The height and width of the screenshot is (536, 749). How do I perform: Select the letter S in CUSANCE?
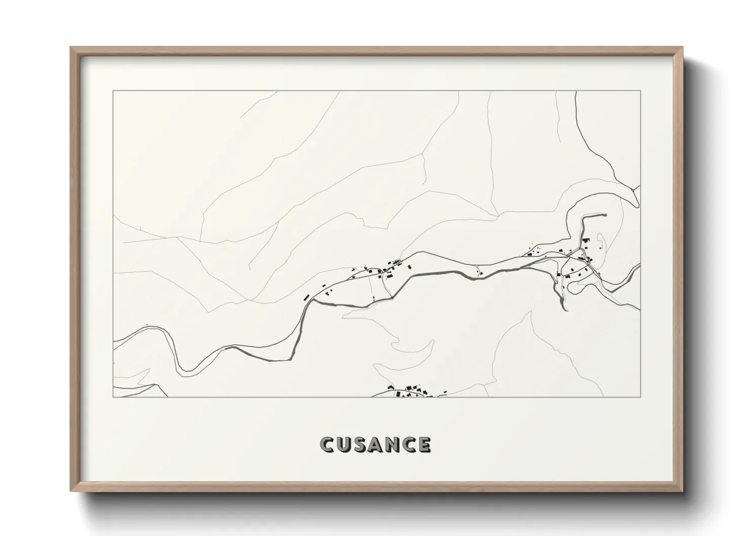click(359, 444)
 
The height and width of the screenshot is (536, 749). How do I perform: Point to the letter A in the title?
click(375, 444)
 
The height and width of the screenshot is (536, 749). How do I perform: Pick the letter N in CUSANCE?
click(391, 444)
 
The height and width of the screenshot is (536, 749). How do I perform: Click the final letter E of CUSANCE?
click(424, 444)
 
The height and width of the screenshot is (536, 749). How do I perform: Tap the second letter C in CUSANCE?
click(408, 444)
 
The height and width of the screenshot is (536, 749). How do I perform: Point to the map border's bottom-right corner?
click(641, 397)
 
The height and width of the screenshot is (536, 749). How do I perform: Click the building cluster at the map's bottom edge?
click(410, 392)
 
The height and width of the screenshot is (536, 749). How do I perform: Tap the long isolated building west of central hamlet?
click(306, 297)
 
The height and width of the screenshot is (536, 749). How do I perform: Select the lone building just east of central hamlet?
click(409, 266)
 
